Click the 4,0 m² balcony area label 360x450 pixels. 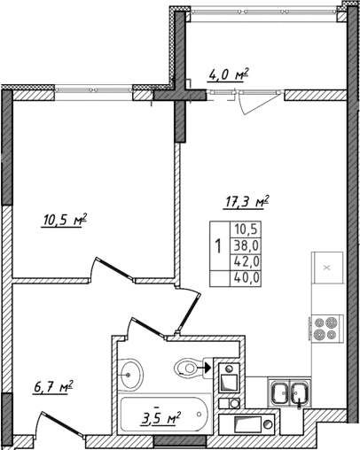pos(227,75)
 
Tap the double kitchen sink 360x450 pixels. pos(290,391)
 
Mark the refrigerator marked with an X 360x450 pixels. pos(325,267)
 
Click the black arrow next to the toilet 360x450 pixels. pos(207,363)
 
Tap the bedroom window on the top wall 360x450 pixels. pos(94,89)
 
